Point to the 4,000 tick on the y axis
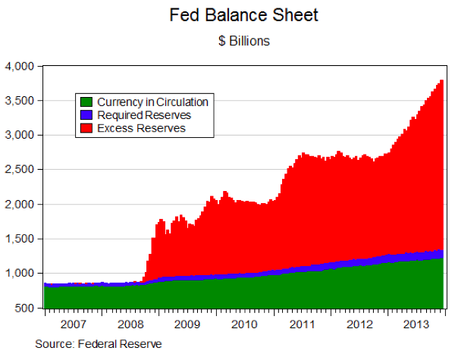21,67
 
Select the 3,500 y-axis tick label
21,101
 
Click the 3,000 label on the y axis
21,136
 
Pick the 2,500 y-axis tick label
21,170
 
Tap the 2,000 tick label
21,205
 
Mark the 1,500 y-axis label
21,239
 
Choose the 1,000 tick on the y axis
21,274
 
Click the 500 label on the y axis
27,308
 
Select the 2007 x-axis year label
73,324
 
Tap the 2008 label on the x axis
130,324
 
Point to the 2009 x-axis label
187,324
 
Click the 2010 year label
245,324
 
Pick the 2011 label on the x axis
302,324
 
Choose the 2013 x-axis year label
416,324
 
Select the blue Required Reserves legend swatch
86,115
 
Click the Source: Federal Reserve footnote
99,344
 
